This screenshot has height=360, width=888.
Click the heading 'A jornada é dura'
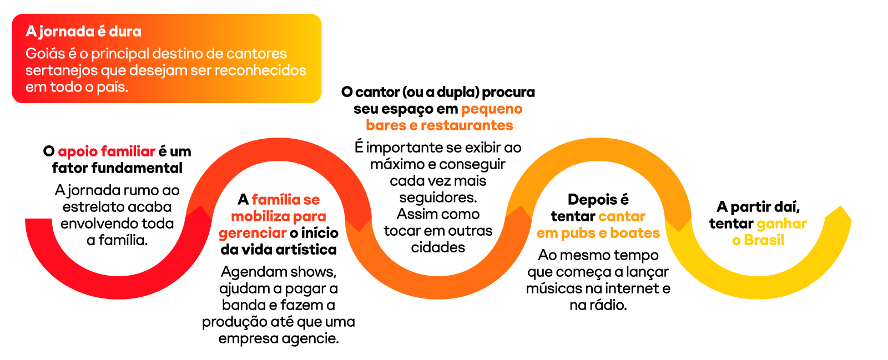tap(83, 32)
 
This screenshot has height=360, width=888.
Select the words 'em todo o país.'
tap(77, 87)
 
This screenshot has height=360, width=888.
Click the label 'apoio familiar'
tap(107, 151)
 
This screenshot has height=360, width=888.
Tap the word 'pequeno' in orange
tap(492, 109)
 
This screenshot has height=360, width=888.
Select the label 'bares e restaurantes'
tap(439, 125)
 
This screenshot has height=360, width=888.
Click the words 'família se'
tap(285, 200)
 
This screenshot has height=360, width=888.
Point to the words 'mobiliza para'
tap(278, 216)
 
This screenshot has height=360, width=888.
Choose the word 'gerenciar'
tap(253, 233)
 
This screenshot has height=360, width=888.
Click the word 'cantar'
tap(622, 216)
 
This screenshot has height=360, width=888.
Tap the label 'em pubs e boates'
tap(598, 233)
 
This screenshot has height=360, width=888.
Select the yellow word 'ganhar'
tap(781, 224)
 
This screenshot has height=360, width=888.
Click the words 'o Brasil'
tap(758, 240)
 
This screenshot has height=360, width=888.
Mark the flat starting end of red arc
tap(39, 220)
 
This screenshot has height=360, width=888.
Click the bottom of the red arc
tap(119, 287)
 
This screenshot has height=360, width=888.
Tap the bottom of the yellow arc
tap(758, 287)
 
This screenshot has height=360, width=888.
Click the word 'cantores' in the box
tap(256, 54)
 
